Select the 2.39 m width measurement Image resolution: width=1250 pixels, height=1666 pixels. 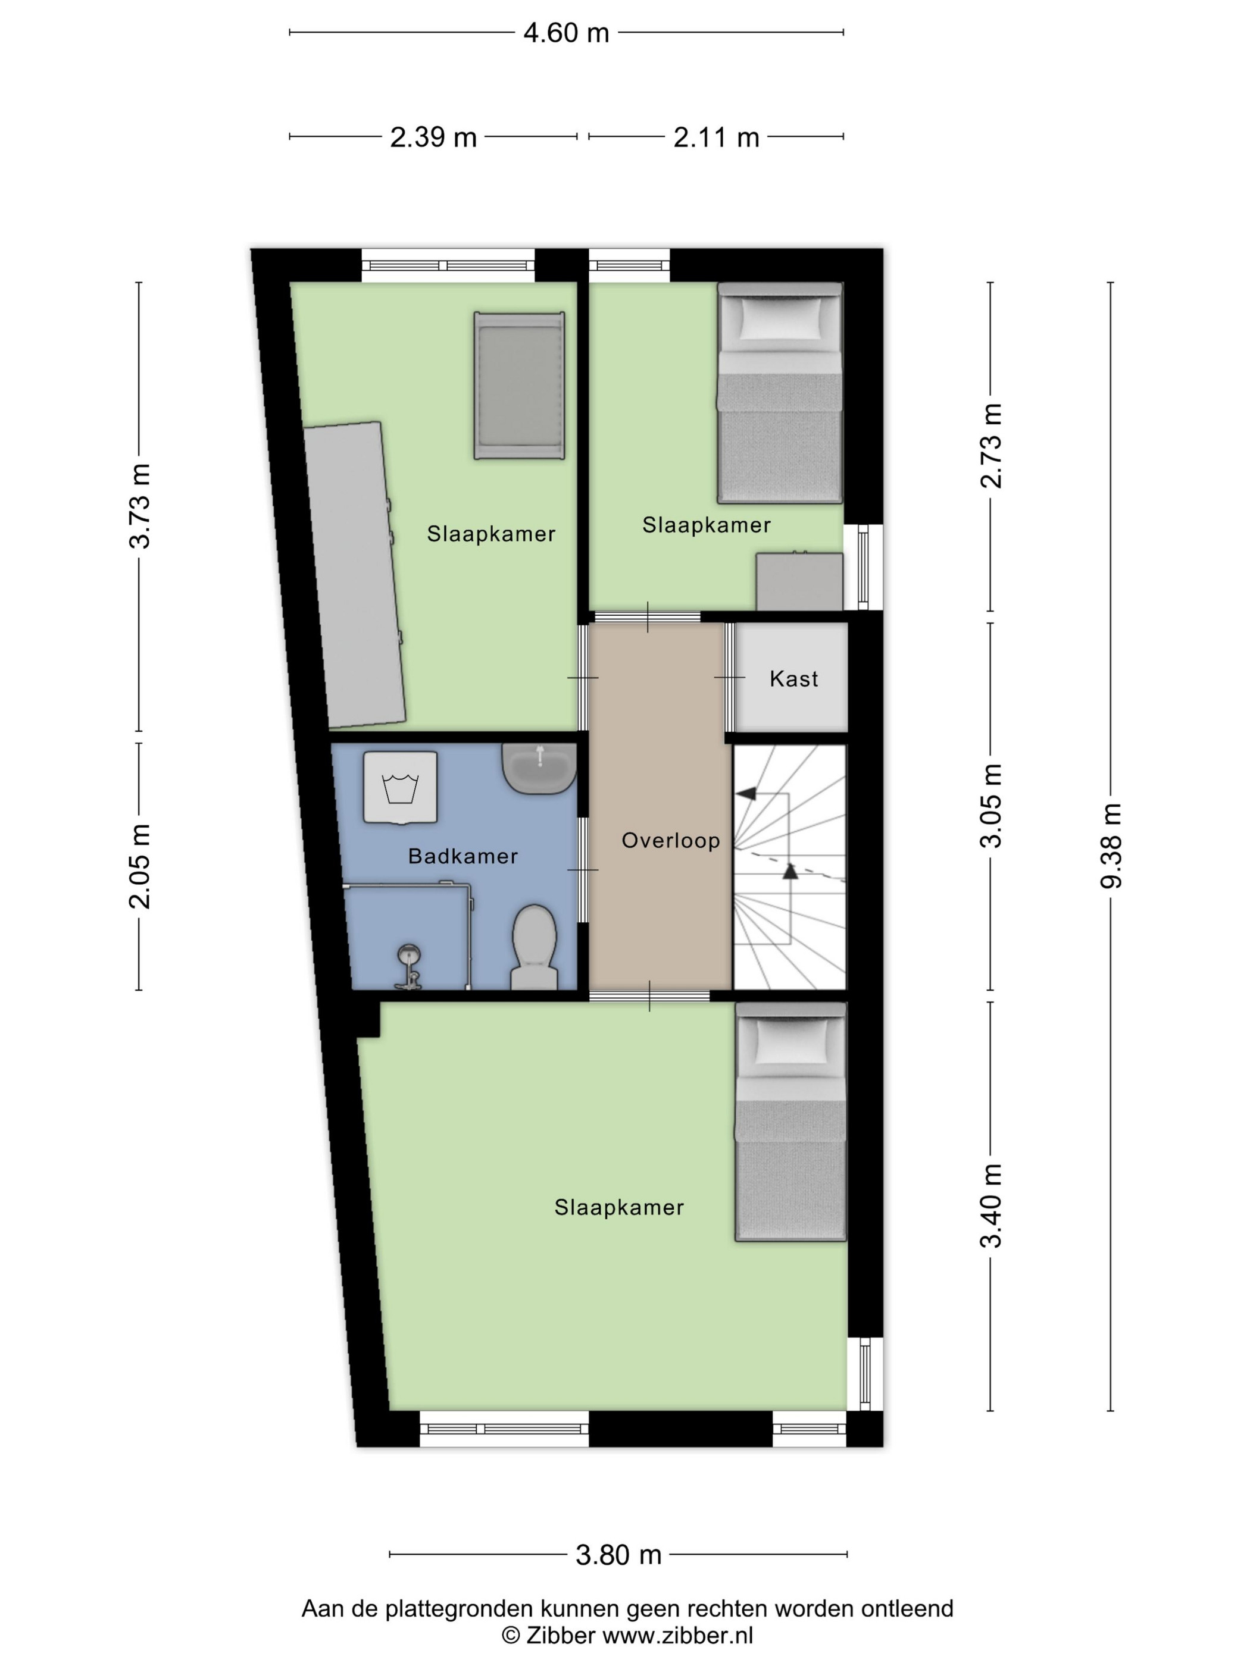coord(433,137)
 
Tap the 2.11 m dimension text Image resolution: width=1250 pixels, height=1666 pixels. coord(716,137)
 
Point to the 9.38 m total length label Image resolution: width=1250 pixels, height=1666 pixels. coord(1111,846)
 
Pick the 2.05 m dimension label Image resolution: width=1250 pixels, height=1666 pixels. coord(140,866)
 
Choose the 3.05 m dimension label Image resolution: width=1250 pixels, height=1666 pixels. coord(991,805)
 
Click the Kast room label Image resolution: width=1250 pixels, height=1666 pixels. coord(793,679)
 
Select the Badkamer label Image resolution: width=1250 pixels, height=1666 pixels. coord(462,856)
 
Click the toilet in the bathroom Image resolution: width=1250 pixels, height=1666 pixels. coord(534,947)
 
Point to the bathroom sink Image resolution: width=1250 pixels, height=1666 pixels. coord(539,768)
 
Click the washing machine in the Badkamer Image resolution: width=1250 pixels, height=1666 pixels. coord(400,787)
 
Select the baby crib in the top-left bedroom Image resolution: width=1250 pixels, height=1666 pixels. coord(519,385)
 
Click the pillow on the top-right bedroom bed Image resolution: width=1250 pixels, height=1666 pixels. coord(780,318)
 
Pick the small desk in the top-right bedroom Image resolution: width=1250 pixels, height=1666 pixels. coord(799,581)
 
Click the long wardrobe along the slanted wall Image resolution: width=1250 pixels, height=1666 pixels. coord(355,575)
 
